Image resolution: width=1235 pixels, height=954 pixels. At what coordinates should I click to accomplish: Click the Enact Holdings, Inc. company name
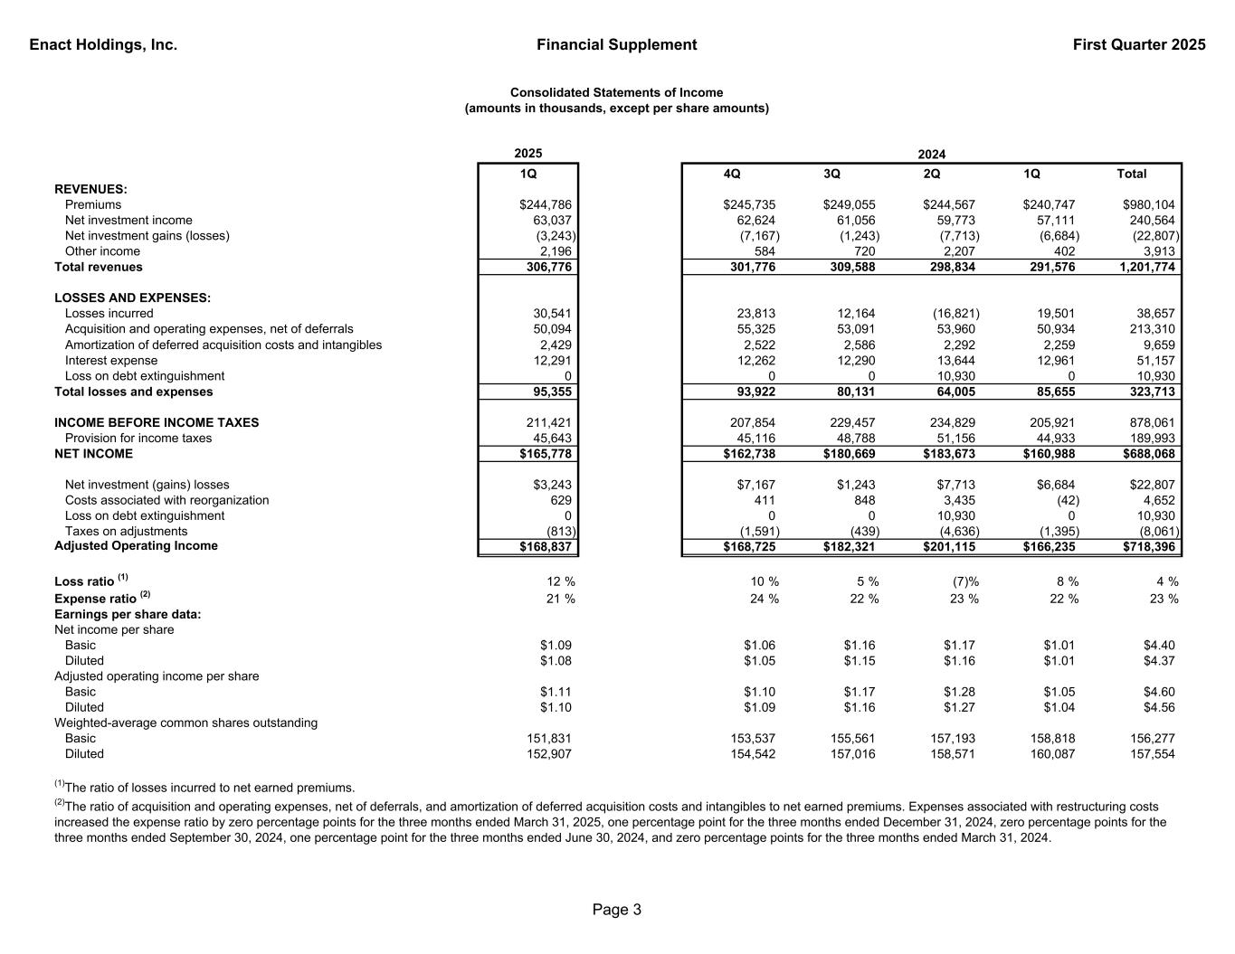tap(103, 44)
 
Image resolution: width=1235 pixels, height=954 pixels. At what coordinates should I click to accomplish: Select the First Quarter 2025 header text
tap(1139, 44)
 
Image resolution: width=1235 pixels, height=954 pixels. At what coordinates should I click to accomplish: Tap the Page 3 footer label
tap(617, 910)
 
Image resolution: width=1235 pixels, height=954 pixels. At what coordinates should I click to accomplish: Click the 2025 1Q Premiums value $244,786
tap(542, 205)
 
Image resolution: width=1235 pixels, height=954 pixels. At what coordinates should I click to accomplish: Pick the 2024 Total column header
tap(1131, 174)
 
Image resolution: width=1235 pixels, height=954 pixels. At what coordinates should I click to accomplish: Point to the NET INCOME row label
tap(93, 454)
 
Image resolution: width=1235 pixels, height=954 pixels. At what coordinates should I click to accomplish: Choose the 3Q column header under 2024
tap(831, 174)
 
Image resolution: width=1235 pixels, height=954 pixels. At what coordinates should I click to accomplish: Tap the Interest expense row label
tap(111, 361)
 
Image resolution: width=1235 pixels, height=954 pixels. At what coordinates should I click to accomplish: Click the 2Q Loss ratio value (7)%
tap(961, 581)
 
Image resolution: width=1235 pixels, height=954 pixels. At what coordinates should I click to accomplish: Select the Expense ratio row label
tap(95, 599)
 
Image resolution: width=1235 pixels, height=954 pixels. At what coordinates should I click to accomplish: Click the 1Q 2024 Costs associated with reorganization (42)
tap(1068, 500)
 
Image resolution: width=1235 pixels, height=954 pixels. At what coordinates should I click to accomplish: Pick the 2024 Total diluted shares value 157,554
tap(1153, 754)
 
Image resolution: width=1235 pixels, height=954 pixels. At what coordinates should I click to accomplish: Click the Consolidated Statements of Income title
tap(616, 92)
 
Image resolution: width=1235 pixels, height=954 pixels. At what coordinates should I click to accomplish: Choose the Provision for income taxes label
tap(138, 439)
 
